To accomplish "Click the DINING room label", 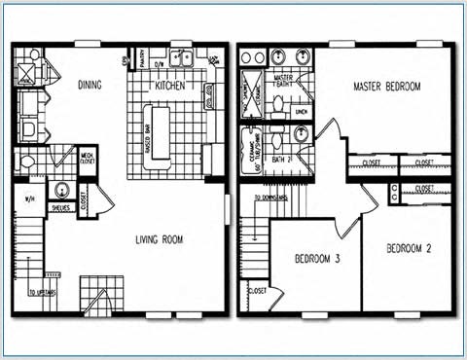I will [90, 86].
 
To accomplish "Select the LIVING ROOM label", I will [159, 239].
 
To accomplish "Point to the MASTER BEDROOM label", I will [387, 87].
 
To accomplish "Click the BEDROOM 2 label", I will [408, 248].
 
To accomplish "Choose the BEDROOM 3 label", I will [317, 258].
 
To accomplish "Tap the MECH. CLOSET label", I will [87, 157].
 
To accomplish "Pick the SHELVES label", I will [61, 206].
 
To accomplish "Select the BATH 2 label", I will [283, 159].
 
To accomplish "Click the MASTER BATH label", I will [284, 81].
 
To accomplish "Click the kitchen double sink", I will [181, 57].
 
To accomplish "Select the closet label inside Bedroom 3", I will [258, 291].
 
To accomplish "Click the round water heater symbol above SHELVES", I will [61, 190].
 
